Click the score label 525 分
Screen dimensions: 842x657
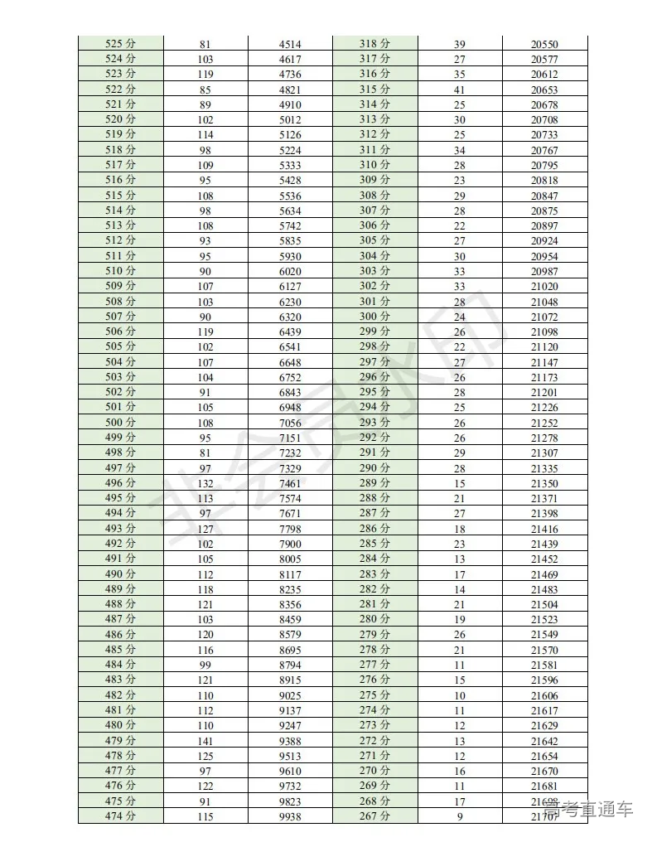click(x=121, y=44)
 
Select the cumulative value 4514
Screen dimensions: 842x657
click(x=290, y=44)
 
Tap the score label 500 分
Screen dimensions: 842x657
click(x=121, y=423)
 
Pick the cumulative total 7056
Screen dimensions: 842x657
click(x=290, y=423)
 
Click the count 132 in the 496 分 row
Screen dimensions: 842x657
click(x=205, y=483)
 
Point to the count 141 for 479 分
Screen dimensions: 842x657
click(x=205, y=741)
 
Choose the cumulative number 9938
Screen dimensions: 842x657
click(x=290, y=816)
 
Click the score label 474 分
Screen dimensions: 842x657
click(x=121, y=816)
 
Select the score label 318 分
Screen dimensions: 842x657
click(x=374, y=44)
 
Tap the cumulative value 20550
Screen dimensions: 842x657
click(x=544, y=44)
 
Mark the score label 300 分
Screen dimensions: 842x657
click(x=374, y=317)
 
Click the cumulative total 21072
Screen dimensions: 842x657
click(x=544, y=317)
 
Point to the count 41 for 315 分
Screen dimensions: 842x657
click(x=460, y=90)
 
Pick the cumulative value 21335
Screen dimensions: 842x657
click(x=544, y=468)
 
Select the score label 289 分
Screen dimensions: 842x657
click(x=374, y=483)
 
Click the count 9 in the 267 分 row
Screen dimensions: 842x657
click(x=460, y=816)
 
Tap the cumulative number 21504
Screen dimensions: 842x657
click(x=544, y=605)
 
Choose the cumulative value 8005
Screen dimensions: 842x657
click(x=290, y=559)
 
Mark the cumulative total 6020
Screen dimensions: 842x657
click(x=290, y=271)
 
